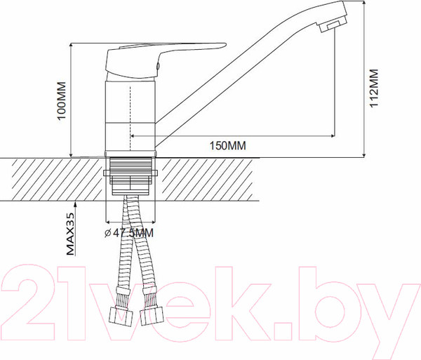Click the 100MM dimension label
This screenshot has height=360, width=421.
click(x=62, y=102)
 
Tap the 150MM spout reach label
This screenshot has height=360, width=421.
click(x=227, y=145)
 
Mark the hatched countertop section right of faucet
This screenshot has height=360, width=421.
click(x=210, y=179)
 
